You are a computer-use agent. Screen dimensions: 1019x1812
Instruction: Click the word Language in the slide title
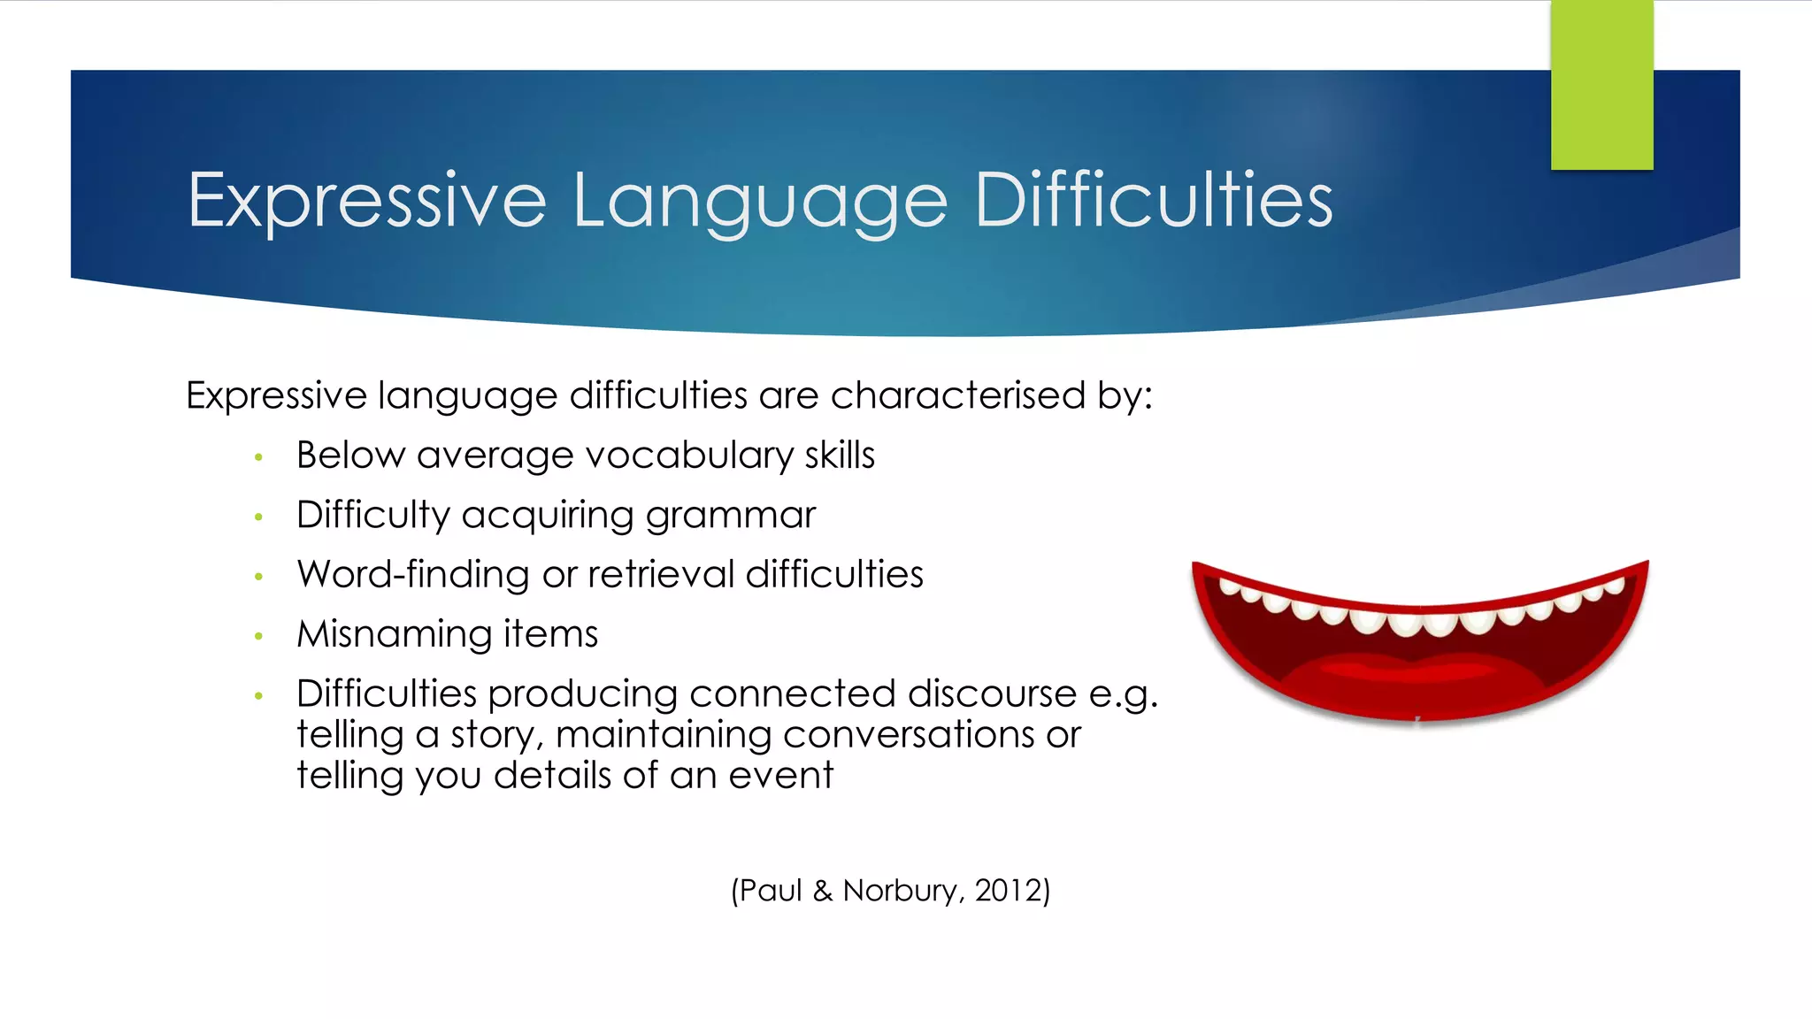pos(759,202)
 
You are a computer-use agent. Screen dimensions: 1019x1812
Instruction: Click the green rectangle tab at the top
pos(1601,85)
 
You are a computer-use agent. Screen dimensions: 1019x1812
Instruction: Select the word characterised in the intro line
pos(957,395)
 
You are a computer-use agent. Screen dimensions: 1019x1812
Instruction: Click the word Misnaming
pos(394,634)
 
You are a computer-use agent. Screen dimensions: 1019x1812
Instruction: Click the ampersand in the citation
pos(823,891)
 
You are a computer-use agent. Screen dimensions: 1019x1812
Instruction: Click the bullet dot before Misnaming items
pos(258,636)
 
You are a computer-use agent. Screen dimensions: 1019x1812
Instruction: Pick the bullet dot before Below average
pos(258,457)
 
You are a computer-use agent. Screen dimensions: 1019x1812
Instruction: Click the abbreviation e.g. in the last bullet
pos(1122,694)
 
